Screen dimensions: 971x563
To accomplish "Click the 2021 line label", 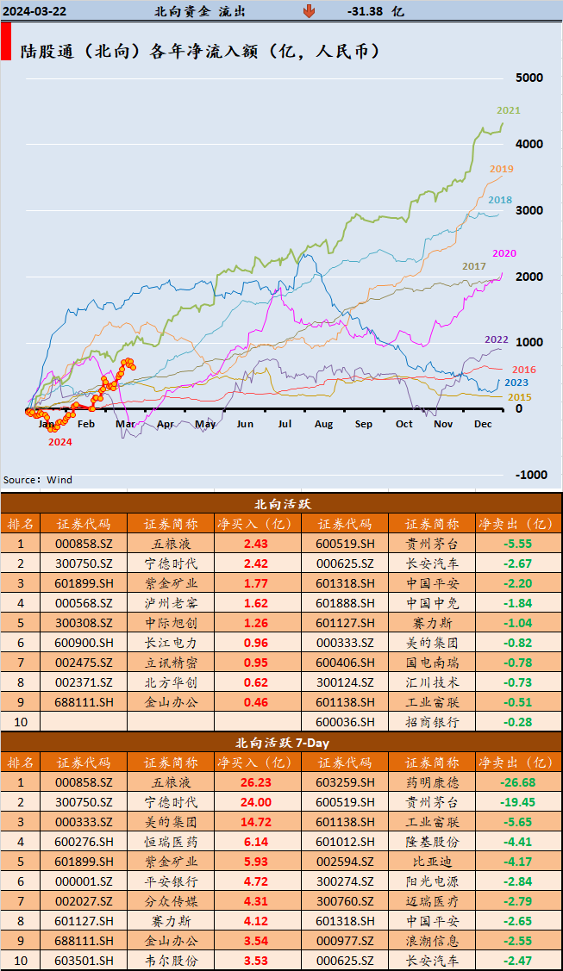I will pyautogui.click(x=509, y=110).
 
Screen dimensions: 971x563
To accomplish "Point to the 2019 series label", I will pyautogui.click(x=502, y=169).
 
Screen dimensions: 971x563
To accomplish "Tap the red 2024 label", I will pyautogui.click(x=59, y=442).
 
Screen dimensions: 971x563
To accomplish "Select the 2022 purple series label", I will pyautogui.click(x=496, y=339).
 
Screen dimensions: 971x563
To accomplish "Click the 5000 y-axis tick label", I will pyautogui.click(x=529, y=78).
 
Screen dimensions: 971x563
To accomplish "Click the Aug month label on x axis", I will pyautogui.click(x=323, y=424).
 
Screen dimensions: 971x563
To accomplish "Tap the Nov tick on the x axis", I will pyautogui.click(x=442, y=424).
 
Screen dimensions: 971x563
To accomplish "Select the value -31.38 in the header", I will pyautogui.click(x=367, y=11).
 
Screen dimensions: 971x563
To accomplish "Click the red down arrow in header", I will pyautogui.click(x=309, y=11).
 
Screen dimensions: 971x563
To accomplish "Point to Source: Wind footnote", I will pyautogui.click(x=38, y=480).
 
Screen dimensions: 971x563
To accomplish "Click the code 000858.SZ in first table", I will pyautogui.click(x=84, y=544).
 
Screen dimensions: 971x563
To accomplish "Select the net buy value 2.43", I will pyautogui.click(x=256, y=544).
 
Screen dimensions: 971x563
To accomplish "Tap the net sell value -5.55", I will pyautogui.click(x=518, y=544).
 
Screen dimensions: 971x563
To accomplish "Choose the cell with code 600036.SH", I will pyautogui.click(x=344, y=722).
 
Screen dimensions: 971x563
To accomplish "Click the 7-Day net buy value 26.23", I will pyautogui.click(x=256, y=782).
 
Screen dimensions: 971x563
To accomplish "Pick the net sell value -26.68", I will pyautogui.click(x=518, y=782).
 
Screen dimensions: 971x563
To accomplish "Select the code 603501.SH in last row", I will pyautogui.click(x=84, y=961).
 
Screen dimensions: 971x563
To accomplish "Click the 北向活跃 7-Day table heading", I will pyautogui.click(x=282, y=742).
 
